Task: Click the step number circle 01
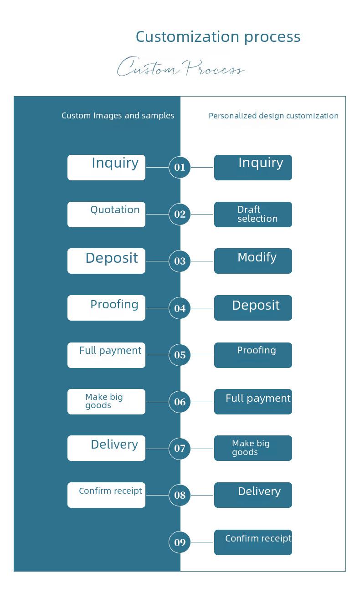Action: [x=180, y=167]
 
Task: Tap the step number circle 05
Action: [x=180, y=355]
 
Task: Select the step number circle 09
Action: [x=180, y=542]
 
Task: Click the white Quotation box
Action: [x=106, y=214]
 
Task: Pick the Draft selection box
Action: [x=253, y=214]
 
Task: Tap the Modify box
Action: [x=253, y=261]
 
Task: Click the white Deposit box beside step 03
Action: [x=106, y=261]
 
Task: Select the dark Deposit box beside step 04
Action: [x=253, y=308]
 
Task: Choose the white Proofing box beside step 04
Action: [x=106, y=308]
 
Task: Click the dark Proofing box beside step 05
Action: [x=253, y=355]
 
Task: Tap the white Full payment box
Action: [x=106, y=355]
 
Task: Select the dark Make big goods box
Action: [x=253, y=448]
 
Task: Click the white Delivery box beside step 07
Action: [x=106, y=448]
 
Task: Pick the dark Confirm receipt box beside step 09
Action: [x=253, y=542]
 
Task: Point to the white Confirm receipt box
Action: [x=106, y=495]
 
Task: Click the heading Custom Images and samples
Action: [x=118, y=116]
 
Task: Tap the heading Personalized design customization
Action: [x=273, y=116]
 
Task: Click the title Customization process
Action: [x=218, y=36]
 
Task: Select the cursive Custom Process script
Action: [x=181, y=66]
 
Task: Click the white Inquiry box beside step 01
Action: [x=106, y=168]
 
